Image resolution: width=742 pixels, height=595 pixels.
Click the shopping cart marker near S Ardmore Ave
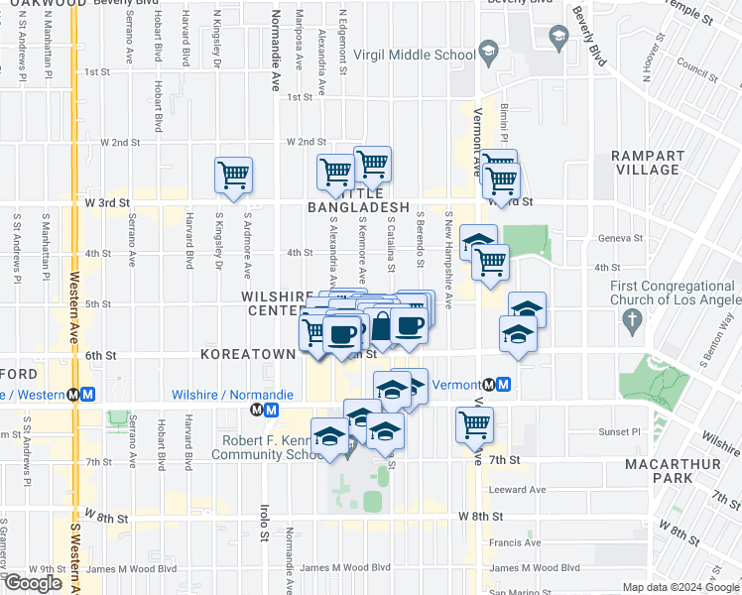(x=233, y=176)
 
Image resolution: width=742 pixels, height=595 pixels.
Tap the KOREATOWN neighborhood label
(x=248, y=353)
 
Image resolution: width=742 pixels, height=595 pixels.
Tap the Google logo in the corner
(x=33, y=583)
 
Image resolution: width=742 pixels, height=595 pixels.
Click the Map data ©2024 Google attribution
(x=680, y=587)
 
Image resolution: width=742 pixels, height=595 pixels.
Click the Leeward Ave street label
(x=517, y=490)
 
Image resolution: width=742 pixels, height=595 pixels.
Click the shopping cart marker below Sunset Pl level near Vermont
(x=475, y=424)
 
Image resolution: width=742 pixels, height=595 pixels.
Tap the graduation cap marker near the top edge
(x=557, y=38)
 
